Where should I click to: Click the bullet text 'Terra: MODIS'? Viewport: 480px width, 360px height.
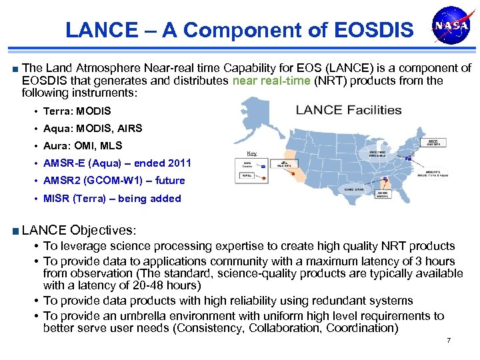77,111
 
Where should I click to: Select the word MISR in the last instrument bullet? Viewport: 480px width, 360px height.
57,198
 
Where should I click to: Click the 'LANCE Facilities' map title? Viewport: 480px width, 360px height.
349,110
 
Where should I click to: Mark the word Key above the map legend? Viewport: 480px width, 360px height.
251,151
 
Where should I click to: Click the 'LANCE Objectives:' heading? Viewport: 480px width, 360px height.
79,230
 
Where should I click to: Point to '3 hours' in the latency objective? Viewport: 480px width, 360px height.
434,261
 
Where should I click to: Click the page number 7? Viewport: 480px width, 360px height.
449,341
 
